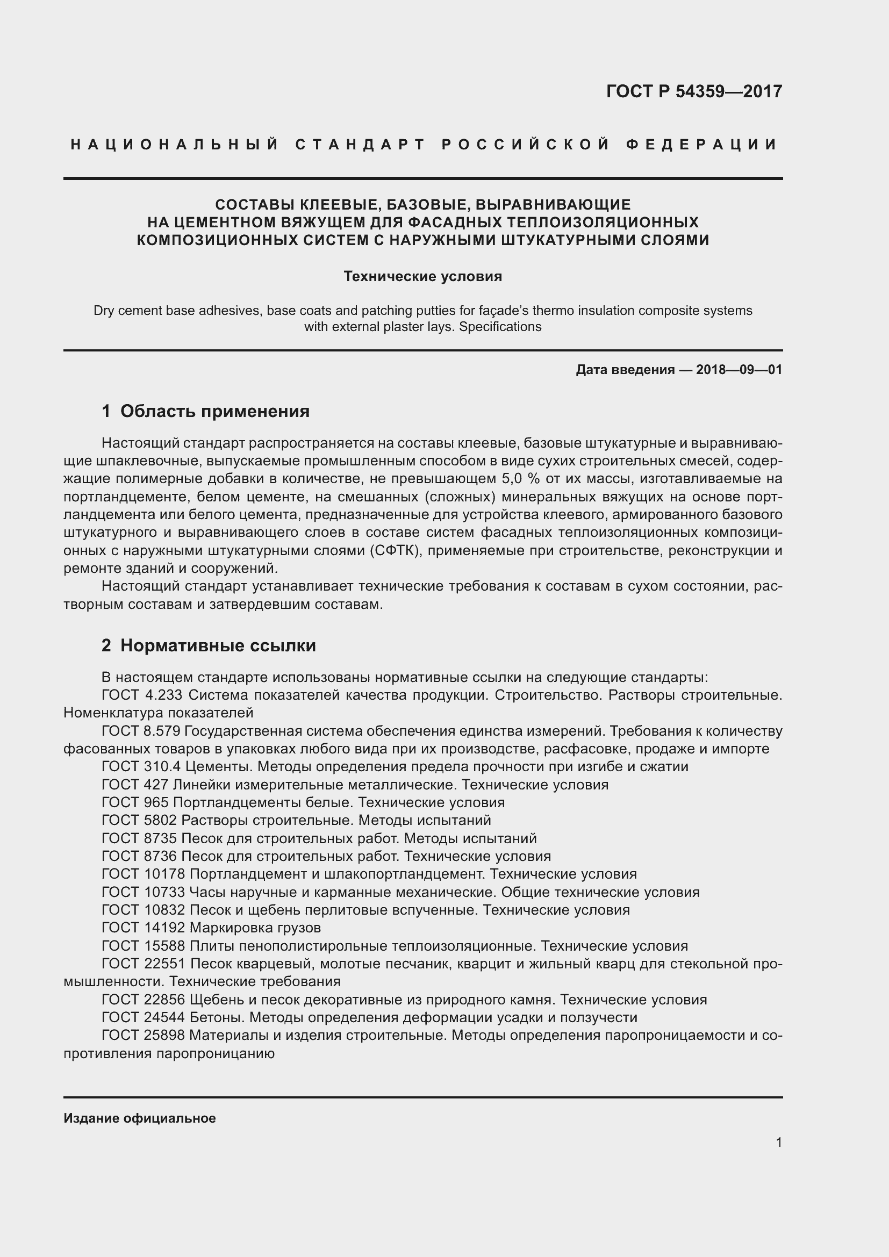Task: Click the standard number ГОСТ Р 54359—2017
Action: [x=693, y=91]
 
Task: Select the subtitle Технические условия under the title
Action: [x=422, y=276]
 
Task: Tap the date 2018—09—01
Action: [x=739, y=370]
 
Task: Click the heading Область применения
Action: [x=214, y=411]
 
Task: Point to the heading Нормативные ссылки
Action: [x=218, y=645]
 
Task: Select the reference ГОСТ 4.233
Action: [x=143, y=695]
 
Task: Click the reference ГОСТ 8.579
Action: [x=141, y=731]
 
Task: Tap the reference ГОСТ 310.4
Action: [x=141, y=767]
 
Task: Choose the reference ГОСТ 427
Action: [x=135, y=785]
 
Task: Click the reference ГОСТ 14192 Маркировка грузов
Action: [x=211, y=928]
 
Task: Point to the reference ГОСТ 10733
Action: [x=144, y=893]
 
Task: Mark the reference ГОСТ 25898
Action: [x=144, y=1035]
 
